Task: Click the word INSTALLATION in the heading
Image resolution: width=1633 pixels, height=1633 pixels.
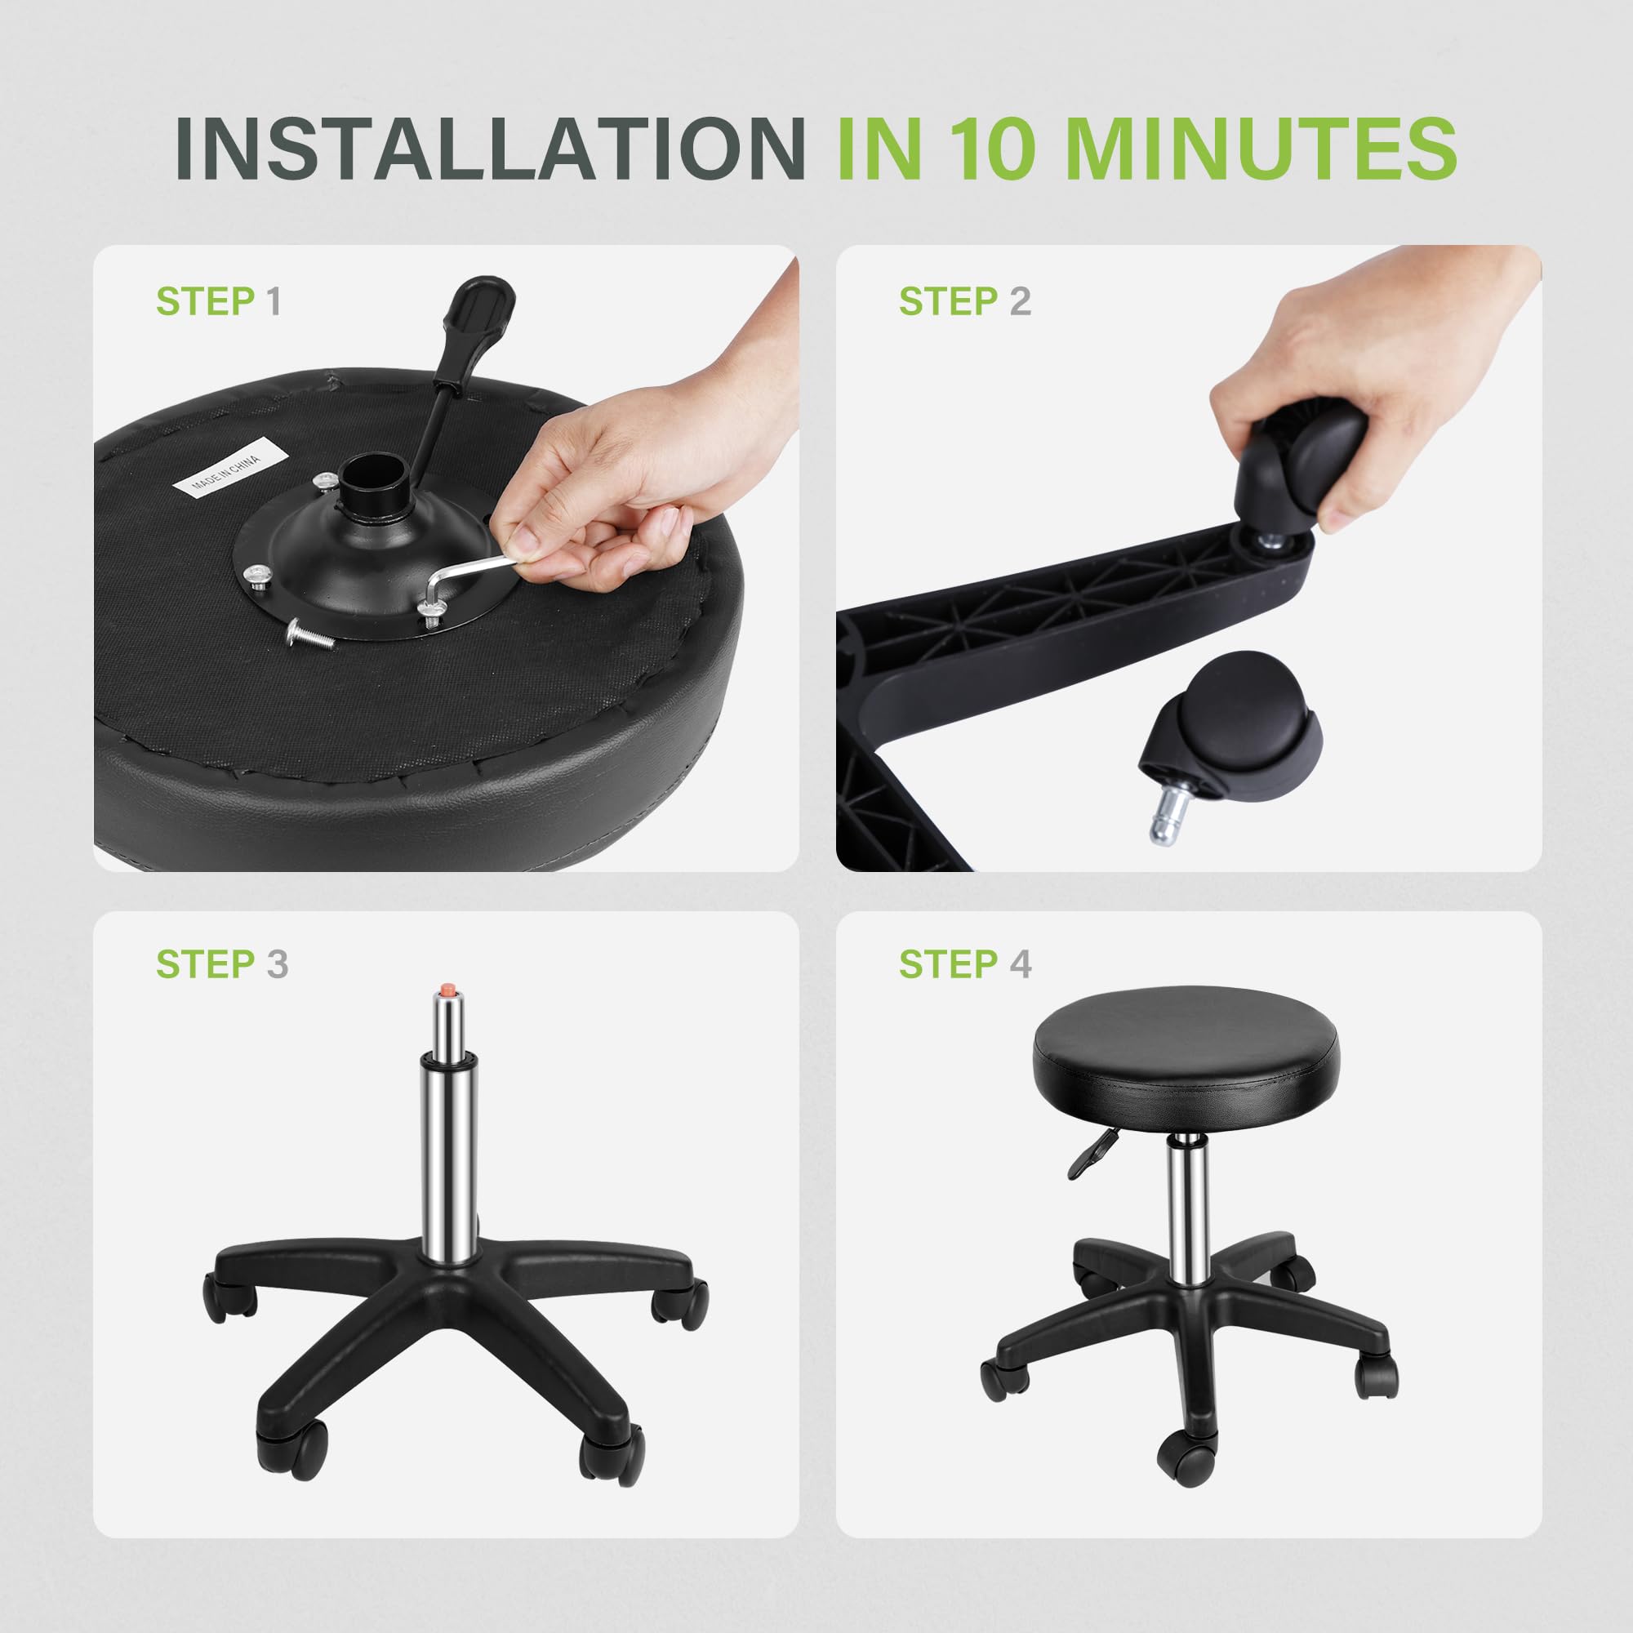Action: [490, 148]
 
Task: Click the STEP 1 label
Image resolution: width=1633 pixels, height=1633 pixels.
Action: [218, 302]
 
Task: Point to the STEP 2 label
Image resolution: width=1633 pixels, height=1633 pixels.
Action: [964, 302]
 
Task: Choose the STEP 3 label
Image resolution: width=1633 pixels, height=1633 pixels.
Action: [221, 964]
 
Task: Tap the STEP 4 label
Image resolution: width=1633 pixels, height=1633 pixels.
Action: [964, 964]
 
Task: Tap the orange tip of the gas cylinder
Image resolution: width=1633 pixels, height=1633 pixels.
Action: [446, 988]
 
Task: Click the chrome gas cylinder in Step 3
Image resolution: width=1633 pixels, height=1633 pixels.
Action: [446, 1124]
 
